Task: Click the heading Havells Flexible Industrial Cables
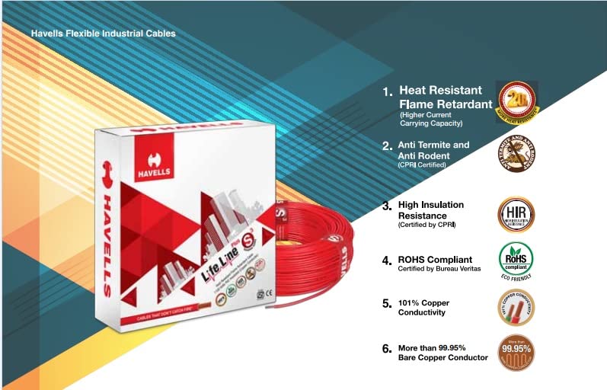[x=103, y=34]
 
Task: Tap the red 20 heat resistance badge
[x=518, y=100]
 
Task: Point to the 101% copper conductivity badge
[x=516, y=307]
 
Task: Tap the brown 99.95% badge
[x=516, y=352]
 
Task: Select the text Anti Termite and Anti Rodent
[x=433, y=149]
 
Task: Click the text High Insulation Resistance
[x=430, y=210]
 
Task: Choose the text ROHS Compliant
[x=435, y=260]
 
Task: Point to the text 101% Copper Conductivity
[x=423, y=307]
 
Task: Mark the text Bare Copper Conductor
[x=442, y=357]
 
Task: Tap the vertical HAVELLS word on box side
[x=107, y=244]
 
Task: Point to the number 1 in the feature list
[x=387, y=91]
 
